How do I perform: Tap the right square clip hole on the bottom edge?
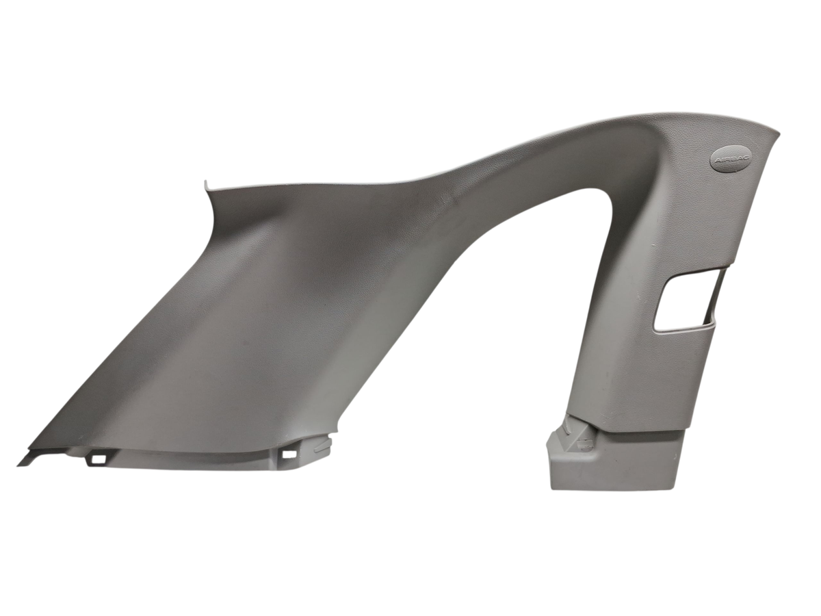289,454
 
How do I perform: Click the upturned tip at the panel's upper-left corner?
206,183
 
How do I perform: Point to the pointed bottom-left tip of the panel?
18,465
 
